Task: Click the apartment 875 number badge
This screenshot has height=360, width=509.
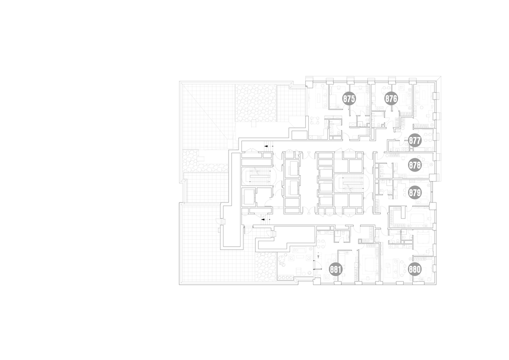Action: (349, 99)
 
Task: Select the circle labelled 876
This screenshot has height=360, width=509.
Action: (391, 99)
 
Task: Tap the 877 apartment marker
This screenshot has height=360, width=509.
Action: (415, 141)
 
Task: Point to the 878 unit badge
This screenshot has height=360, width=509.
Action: (415, 165)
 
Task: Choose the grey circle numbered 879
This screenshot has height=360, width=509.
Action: (415, 193)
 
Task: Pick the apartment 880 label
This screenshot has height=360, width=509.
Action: (415, 269)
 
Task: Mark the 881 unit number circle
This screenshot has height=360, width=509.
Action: (336, 270)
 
